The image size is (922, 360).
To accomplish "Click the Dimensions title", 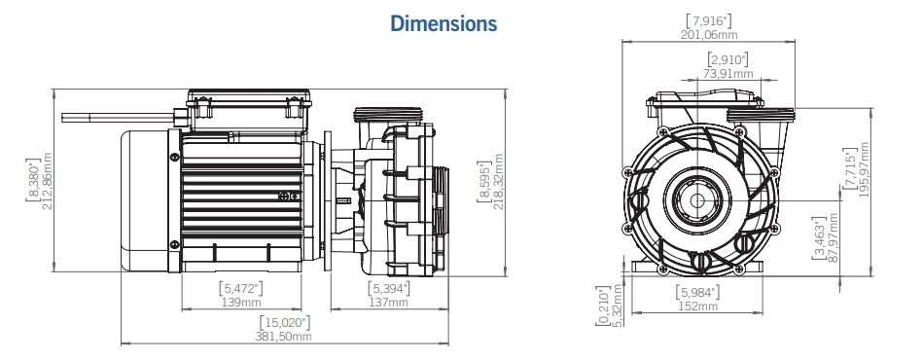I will (x=443, y=23).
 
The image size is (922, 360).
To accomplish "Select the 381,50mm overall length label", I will (x=285, y=337).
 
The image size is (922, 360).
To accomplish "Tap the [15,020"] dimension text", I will (x=285, y=322).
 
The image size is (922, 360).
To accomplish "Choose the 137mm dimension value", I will (x=389, y=304).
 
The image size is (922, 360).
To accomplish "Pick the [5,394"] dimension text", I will (x=389, y=289).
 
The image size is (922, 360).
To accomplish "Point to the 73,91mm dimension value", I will (x=727, y=73).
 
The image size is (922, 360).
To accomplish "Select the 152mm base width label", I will (x=696, y=306).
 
